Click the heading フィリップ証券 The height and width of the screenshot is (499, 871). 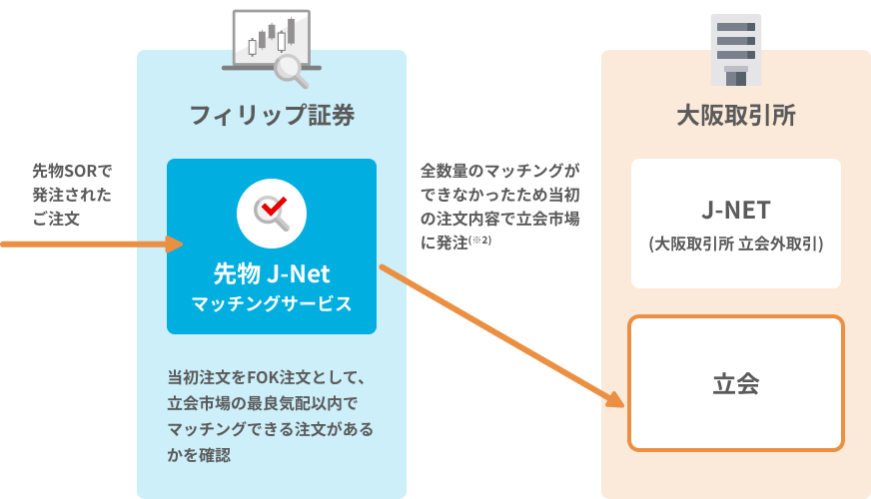pos(272,115)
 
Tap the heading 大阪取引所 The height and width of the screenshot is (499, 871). pos(735,115)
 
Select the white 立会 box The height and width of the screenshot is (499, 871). pos(736,383)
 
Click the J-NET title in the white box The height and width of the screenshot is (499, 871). pos(735,213)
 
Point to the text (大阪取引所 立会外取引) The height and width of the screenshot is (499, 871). pos(735,243)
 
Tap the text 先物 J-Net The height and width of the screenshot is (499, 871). pos(272,272)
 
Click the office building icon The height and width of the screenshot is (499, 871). pos(735,47)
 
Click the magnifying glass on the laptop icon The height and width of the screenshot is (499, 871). pos(291,68)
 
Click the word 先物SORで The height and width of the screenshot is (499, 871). pos(72,171)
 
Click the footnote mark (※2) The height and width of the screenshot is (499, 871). pos(481,241)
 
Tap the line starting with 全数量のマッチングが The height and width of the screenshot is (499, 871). pos(499,171)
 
